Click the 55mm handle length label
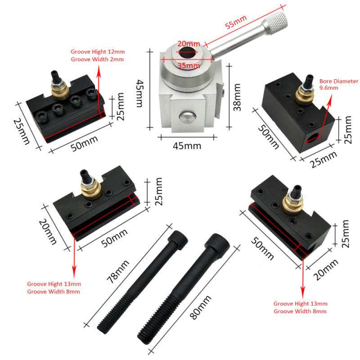(x=236, y=22)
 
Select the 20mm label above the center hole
(x=189, y=44)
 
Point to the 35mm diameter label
(x=189, y=66)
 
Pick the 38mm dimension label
(x=237, y=97)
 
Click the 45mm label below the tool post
(x=187, y=146)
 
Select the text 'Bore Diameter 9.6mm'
(x=339, y=85)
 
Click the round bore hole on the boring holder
(x=313, y=138)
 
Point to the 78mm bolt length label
(x=118, y=272)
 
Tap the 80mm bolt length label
(x=200, y=307)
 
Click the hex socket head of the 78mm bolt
(x=178, y=239)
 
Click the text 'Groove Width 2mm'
(x=97, y=59)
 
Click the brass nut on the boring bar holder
(x=305, y=95)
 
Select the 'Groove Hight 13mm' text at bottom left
(x=54, y=284)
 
